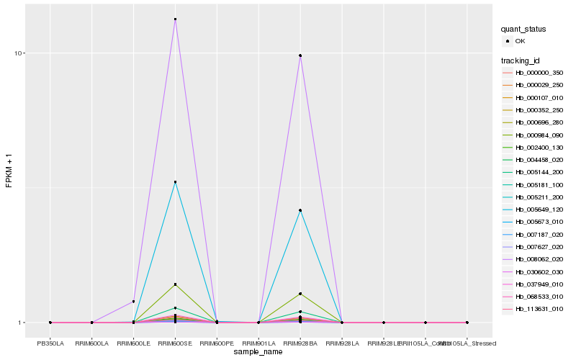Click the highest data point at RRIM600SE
175,19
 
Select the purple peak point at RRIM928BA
300,55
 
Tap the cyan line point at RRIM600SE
175,182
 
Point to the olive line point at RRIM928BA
300,294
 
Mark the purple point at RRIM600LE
133,301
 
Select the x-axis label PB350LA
50,343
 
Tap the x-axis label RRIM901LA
258,343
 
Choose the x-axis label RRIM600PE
217,343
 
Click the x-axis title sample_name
258,352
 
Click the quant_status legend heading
523,29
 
